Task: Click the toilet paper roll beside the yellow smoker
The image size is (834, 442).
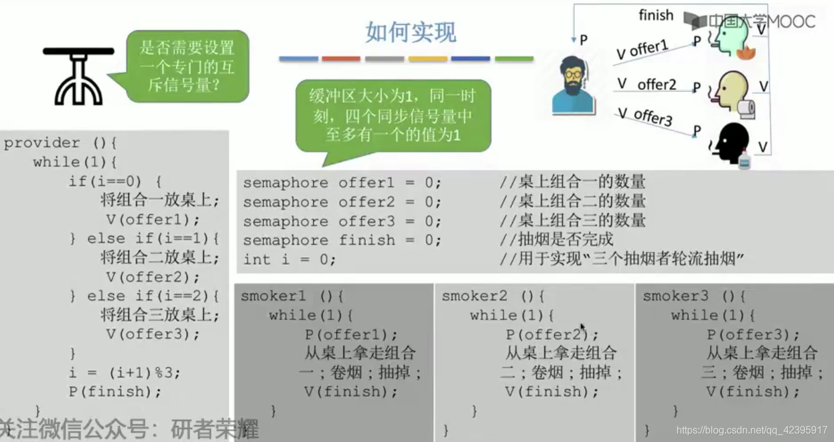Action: coord(747,108)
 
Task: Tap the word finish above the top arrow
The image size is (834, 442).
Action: coord(656,14)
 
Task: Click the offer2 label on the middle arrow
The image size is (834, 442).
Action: coord(657,84)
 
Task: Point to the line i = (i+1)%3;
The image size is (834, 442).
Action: coord(124,373)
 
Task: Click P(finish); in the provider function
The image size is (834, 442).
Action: coord(115,392)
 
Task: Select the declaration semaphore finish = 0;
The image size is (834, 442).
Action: coord(342,240)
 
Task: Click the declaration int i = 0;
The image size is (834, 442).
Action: coord(290,259)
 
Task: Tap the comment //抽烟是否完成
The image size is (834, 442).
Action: coord(556,240)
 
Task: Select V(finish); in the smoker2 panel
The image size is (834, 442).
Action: coord(552,392)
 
